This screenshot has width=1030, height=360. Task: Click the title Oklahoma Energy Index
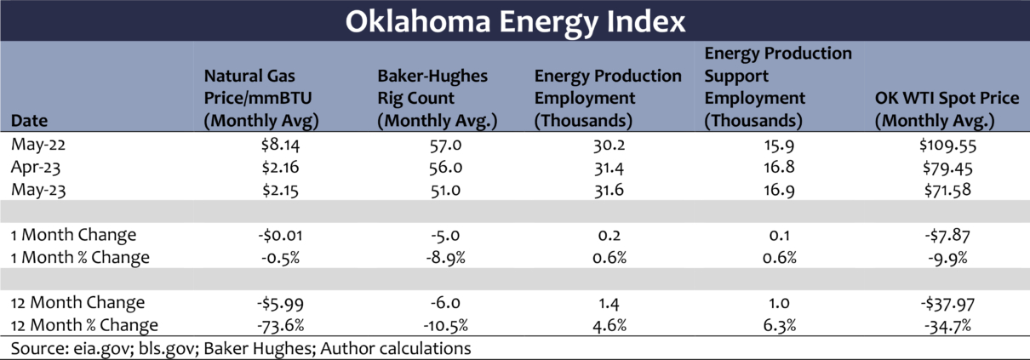tap(515, 20)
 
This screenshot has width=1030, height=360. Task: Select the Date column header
tap(28, 120)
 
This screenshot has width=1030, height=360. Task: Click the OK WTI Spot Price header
tap(947, 109)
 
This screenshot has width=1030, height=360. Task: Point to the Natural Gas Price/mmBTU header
tap(260, 98)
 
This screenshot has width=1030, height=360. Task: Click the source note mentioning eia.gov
tap(241, 348)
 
